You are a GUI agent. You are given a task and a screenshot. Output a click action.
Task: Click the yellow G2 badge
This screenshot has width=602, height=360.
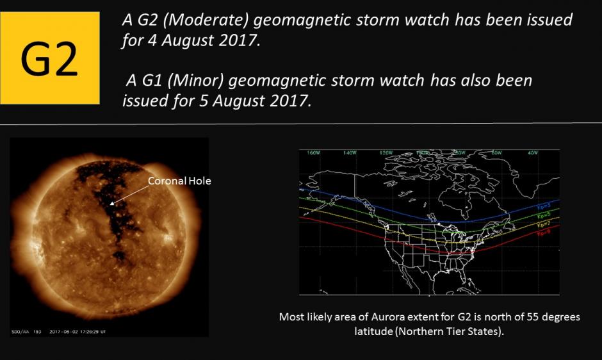pos(50,58)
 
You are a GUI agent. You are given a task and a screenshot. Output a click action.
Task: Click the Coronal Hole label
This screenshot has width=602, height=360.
pos(179,181)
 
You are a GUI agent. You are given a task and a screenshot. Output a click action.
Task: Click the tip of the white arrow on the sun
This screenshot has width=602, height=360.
pos(110,205)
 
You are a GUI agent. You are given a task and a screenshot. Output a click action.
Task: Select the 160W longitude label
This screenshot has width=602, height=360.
pos(313,153)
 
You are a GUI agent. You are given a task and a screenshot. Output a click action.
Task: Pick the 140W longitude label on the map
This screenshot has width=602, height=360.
pos(349,153)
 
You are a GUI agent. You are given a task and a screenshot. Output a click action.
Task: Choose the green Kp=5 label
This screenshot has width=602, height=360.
pos(545,217)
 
